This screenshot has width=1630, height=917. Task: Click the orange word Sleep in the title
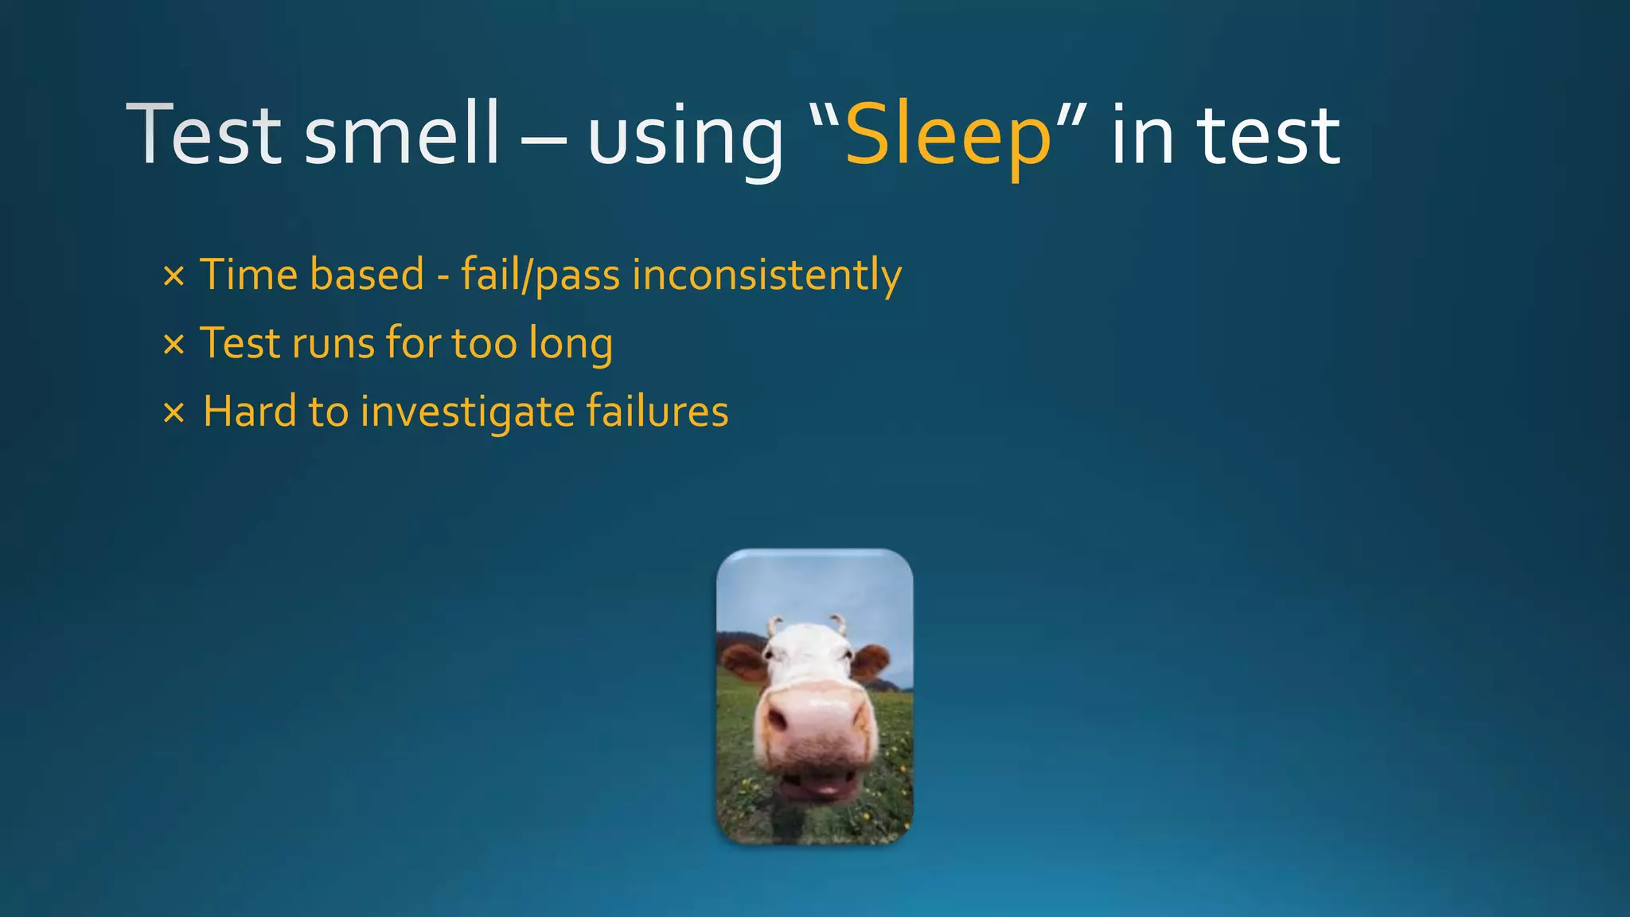coord(948,136)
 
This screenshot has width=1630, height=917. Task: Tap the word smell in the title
coord(402,136)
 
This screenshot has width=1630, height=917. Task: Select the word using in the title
coord(685,139)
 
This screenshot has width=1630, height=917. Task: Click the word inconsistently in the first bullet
coord(766,275)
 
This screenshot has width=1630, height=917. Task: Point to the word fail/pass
coord(540,275)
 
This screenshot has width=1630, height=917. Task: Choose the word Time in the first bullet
coord(248,275)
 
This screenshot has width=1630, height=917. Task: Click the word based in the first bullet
coord(367,275)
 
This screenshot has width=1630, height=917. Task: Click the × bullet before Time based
coord(174,277)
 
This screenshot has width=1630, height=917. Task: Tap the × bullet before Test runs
coord(174,345)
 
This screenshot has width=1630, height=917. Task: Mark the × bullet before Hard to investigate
coord(174,413)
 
